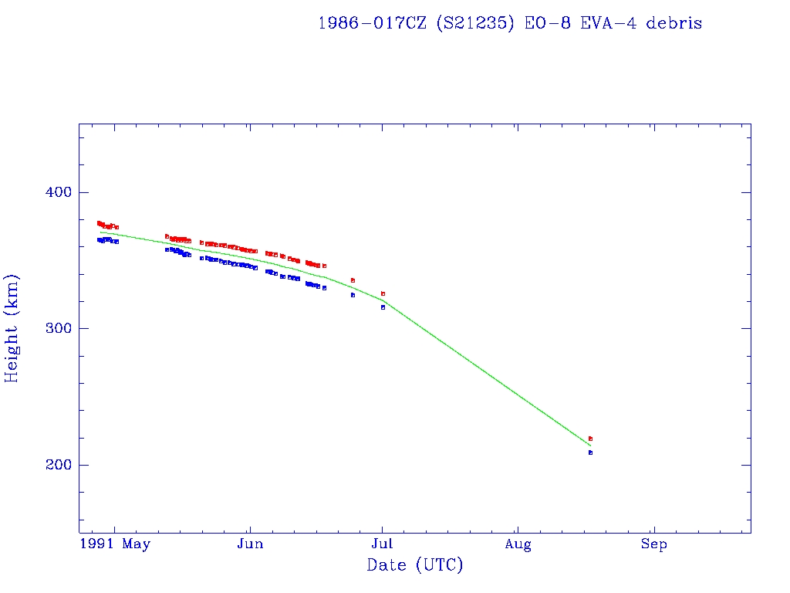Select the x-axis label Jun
[x=250, y=544]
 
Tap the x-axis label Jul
[x=383, y=544]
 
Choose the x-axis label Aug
[x=518, y=544]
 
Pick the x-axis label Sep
[x=654, y=544]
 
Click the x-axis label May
[x=136, y=544]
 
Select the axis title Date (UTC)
[x=415, y=566]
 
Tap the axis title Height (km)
[x=12, y=328]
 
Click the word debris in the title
[x=674, y=23]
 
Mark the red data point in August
[x=590, y=439]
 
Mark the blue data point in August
[x=590, y=452]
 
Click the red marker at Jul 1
[x=383, y=293]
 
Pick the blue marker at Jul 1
[x=383, y=307]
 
